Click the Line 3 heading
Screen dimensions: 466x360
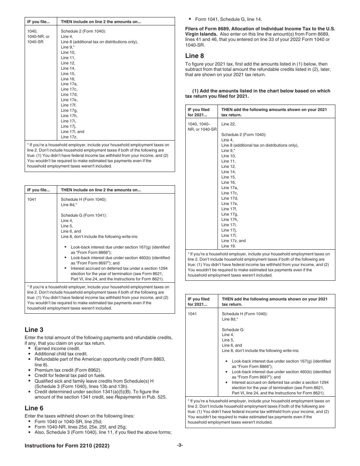tap(34, 330)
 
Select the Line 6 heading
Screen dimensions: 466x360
tap(34, 408)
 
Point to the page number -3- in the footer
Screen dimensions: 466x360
tap(180, 446)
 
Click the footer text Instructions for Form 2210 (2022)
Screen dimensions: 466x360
tap(67, 446)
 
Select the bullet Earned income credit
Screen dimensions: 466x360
tap(57, 349)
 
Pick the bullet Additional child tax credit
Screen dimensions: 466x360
tap(61, 354)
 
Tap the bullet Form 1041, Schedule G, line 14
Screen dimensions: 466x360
tap(229, 19)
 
